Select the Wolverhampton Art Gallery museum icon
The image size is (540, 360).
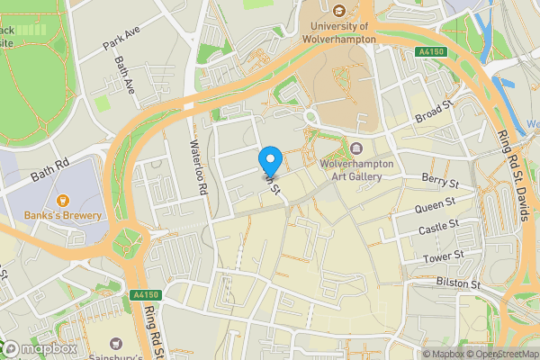[356, 148]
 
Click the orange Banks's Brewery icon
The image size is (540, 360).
[63, 200]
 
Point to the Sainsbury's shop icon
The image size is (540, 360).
[117, 343]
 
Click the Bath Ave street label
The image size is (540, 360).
[124, 76]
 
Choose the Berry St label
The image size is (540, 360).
[440, 183]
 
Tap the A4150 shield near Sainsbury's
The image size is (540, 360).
[143, 294]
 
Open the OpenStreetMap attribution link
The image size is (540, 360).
[503, 354]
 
